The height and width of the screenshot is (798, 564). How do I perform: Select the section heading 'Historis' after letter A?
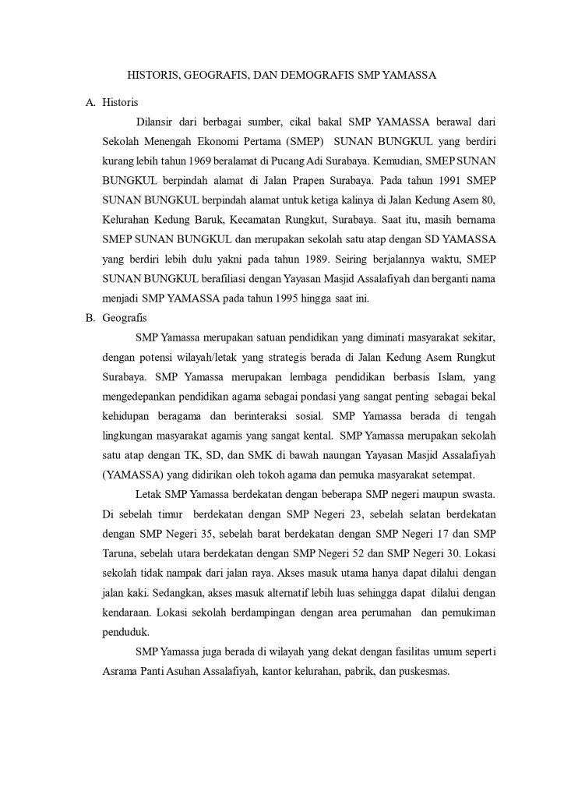point(120,103)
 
